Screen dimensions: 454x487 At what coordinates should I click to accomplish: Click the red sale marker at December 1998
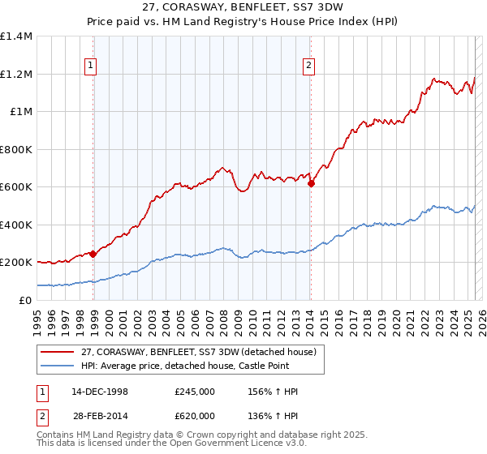[x=93, y=254]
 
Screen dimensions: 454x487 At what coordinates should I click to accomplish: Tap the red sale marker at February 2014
[x=311, y=183]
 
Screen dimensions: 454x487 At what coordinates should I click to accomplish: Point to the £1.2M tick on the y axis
[x=16, y=74]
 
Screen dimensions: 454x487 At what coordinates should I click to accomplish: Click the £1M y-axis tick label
[x=19, y=112]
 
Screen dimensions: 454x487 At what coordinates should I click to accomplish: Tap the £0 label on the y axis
[x=24, y=300]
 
